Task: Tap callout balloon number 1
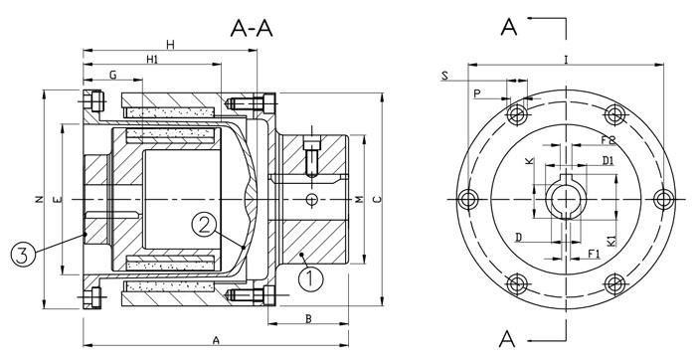coord(310,277)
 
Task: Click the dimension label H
coord(170,44)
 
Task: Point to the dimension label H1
coord(152,61)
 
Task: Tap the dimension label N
coord(37,200)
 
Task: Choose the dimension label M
coord(359,200)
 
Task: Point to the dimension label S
coord(443,77)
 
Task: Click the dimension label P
coord(476,92)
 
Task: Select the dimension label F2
coord(608,140)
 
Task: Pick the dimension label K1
coord(609,238)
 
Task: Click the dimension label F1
coord(594,255)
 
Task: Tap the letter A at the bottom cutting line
coord(507,338)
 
